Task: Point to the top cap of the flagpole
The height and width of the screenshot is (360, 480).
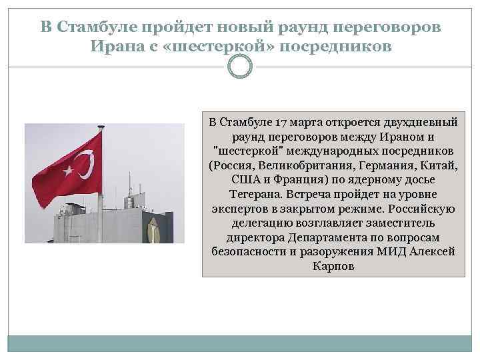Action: (x=101, y=127)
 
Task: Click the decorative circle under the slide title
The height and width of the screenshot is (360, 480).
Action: (x=240, y=67)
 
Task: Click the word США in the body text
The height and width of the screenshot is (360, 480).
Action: (x=245, y=180)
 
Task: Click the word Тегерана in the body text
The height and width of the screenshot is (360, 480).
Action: (x=254, y=195)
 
